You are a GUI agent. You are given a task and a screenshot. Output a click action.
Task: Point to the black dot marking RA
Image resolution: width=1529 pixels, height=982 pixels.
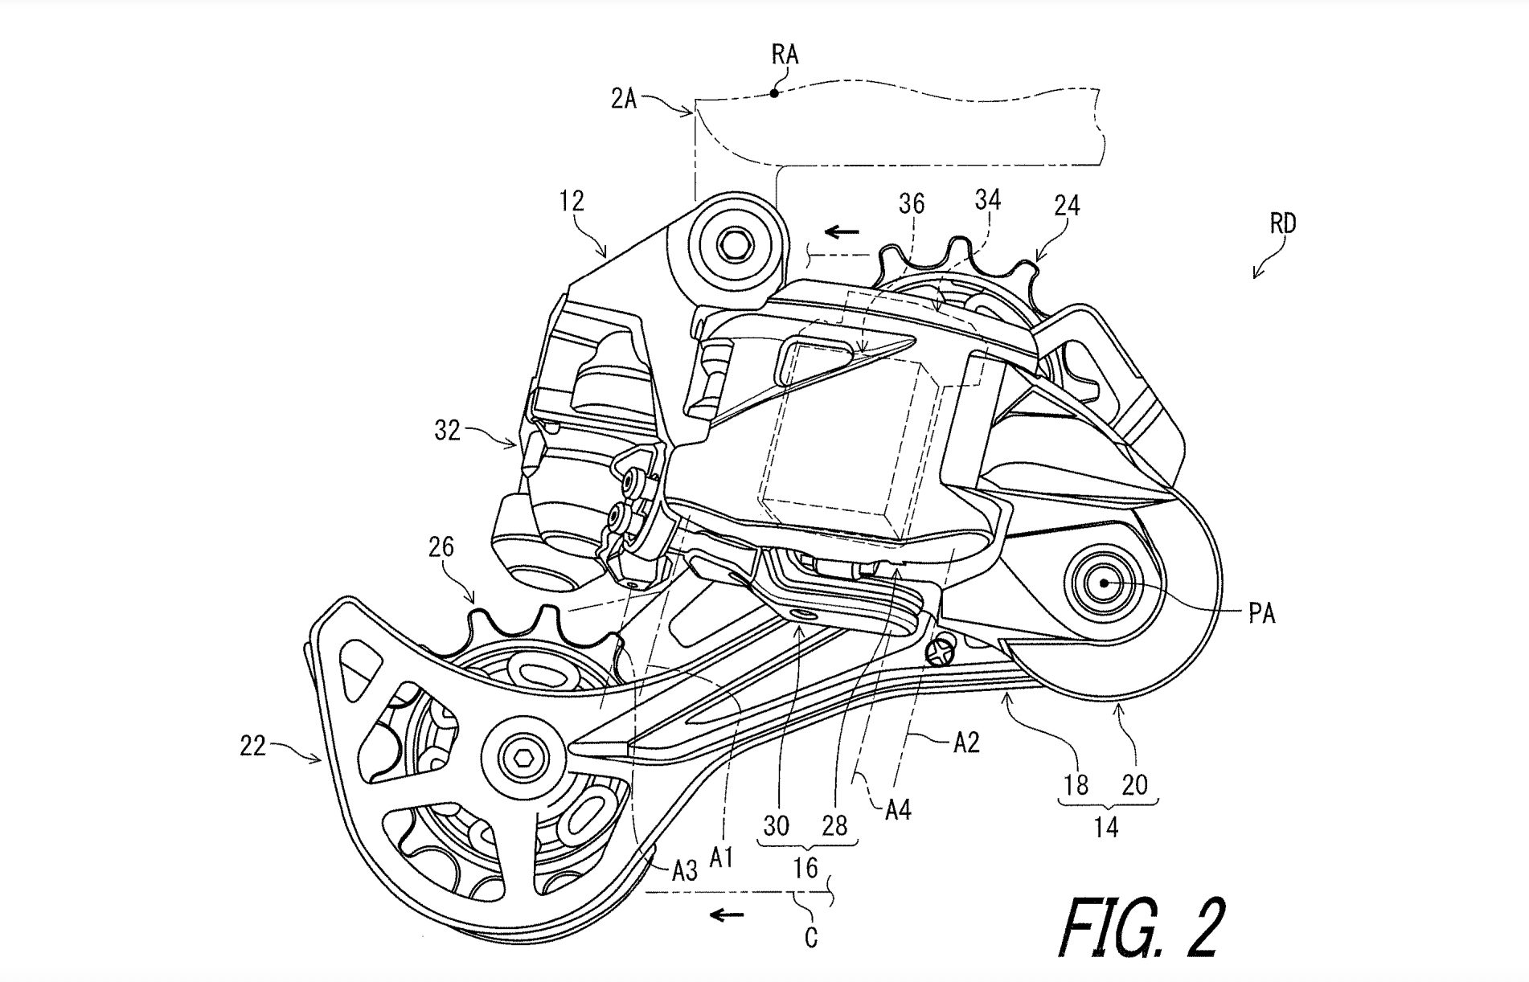click(x=774, y=93)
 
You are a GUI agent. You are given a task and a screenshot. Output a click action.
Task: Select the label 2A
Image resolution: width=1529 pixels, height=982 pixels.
click(x=623, y=101)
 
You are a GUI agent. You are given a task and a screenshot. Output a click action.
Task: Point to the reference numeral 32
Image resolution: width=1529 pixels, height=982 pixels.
click(x=448, y=431)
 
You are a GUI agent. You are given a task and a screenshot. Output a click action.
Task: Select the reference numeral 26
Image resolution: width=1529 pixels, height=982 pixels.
click(x=441, y=547)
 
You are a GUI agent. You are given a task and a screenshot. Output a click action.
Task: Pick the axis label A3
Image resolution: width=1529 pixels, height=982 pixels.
click(x=684, y=870)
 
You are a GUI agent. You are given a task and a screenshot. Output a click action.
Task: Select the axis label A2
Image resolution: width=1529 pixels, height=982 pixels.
click(x=965, y=744)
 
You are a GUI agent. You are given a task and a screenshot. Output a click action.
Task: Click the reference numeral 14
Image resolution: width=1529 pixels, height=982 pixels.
click(x=1106, y=827)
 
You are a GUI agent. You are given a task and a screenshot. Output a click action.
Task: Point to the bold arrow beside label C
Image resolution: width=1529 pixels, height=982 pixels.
click(x=725, y=914)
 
